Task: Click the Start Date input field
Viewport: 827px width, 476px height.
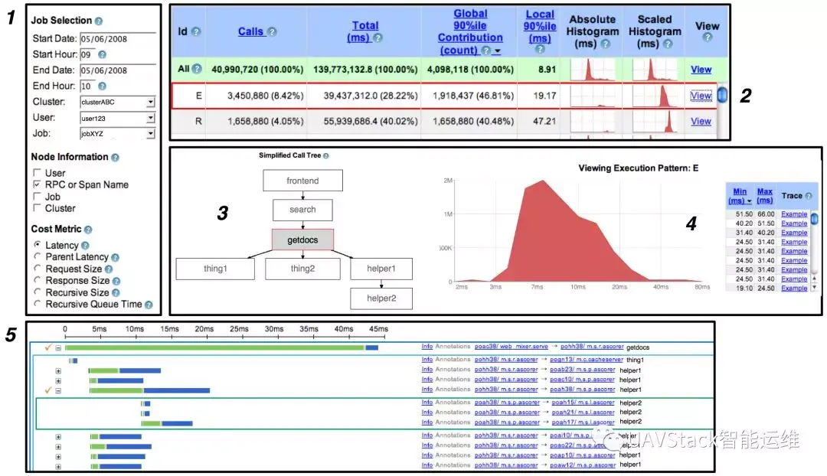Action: pyautogui.click(x=117, y=39)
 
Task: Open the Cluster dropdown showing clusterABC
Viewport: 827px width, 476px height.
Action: pyautogui.click(x=117, y=102)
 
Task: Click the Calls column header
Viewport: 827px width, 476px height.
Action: pyautogui.click(x=251, y=31)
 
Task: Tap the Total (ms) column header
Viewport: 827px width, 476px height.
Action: pyautogui.click(x=365, y=31)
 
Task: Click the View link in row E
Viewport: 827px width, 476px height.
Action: pyautogui.click(x=701, y=96)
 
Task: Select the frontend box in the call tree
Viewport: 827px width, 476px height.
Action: pyautogui.click(x=302, y=181)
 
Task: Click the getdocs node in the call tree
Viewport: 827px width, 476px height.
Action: pyautogui.click(x=302, y=240)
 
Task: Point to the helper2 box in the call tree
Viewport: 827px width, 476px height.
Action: pyautogui.click(x=381, y=298)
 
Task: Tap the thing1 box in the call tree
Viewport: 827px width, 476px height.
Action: pyautogui.click(x=215, y=269)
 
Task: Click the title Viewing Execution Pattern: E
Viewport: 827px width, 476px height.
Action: pyautogui.click(x=637, y=168)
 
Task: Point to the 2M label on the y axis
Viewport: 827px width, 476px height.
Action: pyautogui.click(x=448, y=181)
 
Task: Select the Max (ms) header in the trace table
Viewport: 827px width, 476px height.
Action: pyautogui.click(x=764, y=196)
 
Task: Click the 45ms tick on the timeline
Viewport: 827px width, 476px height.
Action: pyautogui.click(x=378, y=329)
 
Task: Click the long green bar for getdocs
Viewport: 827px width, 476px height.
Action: pyautogui.click(x=214, y=347)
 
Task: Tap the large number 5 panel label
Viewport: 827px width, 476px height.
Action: pyautogui.click(x=11, y=335)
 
